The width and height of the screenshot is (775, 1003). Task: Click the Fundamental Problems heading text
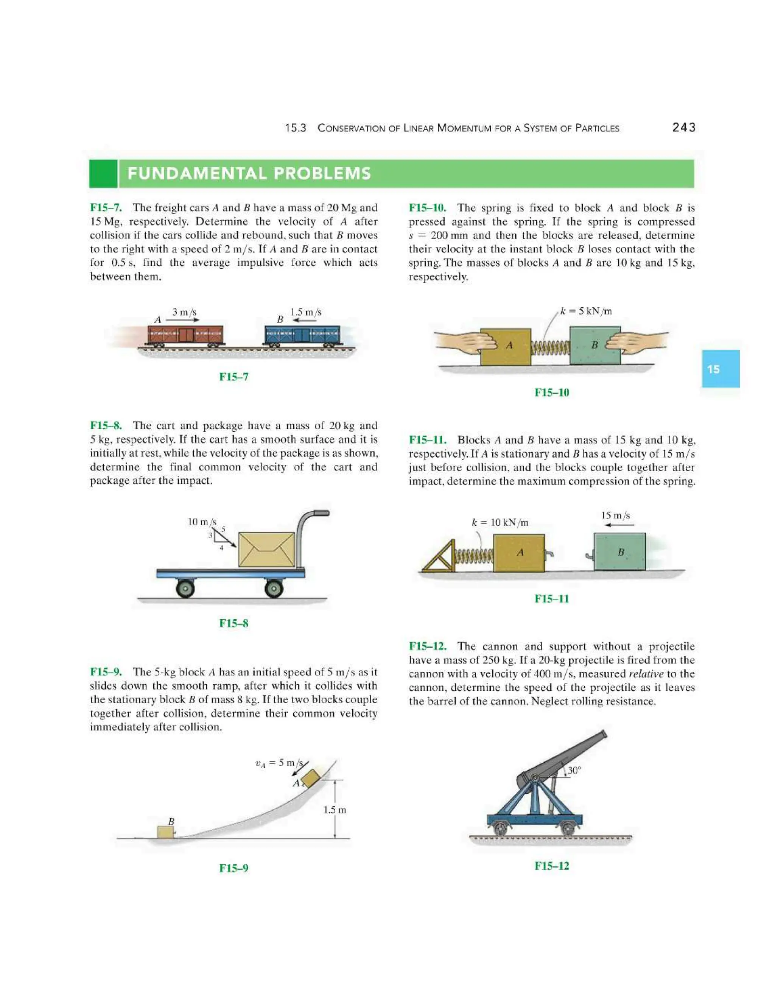(x=249, y=174)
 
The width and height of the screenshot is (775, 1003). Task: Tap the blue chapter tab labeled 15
(x=719, y=369)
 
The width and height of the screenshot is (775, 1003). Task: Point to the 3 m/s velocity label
(x=184, y=312)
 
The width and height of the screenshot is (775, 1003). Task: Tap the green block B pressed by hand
(x=594, y=345)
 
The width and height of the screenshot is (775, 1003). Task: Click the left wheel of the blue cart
(x=185, y=588)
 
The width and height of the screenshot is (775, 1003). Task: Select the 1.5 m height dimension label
(x=334, y=810)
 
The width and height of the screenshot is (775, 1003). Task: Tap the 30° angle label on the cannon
(x=574, y=770)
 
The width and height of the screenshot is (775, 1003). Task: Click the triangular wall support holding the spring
(x=437, y=557)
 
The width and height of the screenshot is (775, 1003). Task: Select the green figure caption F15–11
(x=551, y=598)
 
